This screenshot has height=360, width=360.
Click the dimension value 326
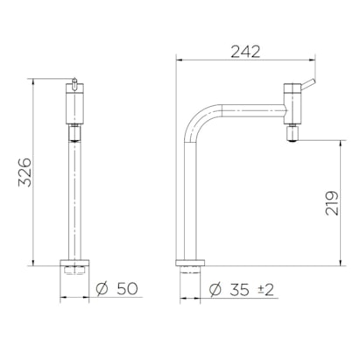25,175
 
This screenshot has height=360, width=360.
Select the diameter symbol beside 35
215,287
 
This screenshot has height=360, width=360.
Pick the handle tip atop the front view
75,83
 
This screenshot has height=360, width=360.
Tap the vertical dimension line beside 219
340,201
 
